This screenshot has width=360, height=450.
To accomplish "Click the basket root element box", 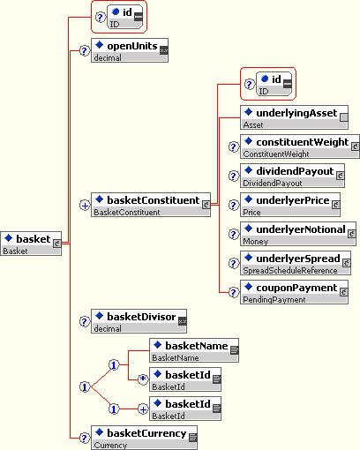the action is click(x=31, y=244).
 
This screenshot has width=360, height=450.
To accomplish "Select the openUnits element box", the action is click(x=130, y=50).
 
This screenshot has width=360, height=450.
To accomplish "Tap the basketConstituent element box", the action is click(x=151, y=205).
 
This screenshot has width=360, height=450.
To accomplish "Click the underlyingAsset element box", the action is click(x=294, y=117).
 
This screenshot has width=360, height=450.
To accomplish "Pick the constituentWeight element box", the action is click(x=300, y=146).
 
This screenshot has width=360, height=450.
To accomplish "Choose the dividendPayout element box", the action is click(x=292, y=176).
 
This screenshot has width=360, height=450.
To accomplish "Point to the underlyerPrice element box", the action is click(x=290, y=205).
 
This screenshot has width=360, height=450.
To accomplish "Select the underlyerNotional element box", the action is click(x=298, y=234).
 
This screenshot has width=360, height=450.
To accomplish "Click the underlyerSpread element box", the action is click(x=296, y=263).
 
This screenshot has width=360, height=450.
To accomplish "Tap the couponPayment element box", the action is click(x=294, y=292).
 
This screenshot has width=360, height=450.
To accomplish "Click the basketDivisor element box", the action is click(x=139, y=321).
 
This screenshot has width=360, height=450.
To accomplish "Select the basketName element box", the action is click(x=194, y=350).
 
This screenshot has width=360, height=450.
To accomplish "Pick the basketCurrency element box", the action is click(x=144, y=438).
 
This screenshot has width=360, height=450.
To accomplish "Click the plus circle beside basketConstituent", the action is click(x=85, y=205).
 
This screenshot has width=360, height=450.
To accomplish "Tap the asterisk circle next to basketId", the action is click(x=143, y=379).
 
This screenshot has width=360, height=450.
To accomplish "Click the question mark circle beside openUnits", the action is click(x=85, y=50).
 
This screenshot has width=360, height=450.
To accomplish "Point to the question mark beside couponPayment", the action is click(x=234, y=292).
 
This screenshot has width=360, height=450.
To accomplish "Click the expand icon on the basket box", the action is click(x=56, y=244).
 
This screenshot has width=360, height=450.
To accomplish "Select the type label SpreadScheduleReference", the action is click(x=290, y=270).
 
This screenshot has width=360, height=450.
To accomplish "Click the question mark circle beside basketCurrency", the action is click(x=85, y=438).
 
